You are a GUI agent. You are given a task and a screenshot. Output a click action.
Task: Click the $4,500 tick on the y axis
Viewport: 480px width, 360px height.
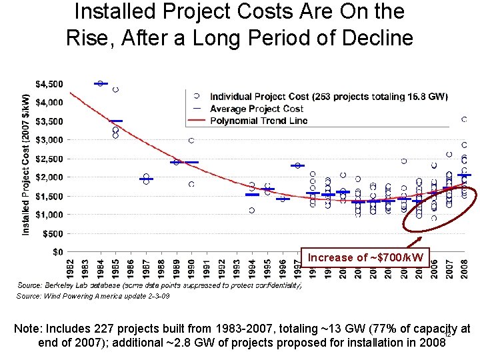coord(50,84)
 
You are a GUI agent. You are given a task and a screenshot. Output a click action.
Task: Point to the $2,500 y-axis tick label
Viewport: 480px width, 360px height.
coord(50,159)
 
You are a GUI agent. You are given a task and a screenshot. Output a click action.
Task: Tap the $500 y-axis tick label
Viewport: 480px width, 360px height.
coord(53,233)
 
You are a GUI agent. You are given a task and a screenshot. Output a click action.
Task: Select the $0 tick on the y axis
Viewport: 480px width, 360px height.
coord(58,252)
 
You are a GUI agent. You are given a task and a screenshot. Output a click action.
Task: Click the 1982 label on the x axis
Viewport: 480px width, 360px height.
coord(70,269)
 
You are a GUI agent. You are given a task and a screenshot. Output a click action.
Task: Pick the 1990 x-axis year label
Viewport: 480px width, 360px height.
coord(191,269)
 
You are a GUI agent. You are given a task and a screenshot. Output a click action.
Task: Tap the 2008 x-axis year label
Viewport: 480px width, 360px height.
coord(465,269)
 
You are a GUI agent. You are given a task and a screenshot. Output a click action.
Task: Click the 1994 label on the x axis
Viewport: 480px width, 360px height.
coord(252,269)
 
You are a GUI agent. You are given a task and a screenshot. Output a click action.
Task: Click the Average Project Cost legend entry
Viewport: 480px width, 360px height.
coord(257,109)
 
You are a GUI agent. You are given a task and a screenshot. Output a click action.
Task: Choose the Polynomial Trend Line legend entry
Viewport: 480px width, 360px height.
coord(259,121)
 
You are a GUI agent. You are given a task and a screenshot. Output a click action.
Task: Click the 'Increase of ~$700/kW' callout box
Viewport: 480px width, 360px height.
coord(365,257)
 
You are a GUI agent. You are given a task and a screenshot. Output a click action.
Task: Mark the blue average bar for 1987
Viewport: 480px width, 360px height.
coord(146,179)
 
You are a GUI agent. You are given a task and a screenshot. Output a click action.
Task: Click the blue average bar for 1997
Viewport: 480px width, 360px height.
coord(297,165)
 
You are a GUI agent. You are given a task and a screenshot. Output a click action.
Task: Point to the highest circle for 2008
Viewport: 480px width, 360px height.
coord(464,119)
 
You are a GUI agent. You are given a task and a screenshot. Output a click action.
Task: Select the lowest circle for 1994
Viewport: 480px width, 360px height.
coord(251,210)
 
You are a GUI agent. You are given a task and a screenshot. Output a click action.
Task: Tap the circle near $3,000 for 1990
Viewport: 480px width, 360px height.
coord(191,141)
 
